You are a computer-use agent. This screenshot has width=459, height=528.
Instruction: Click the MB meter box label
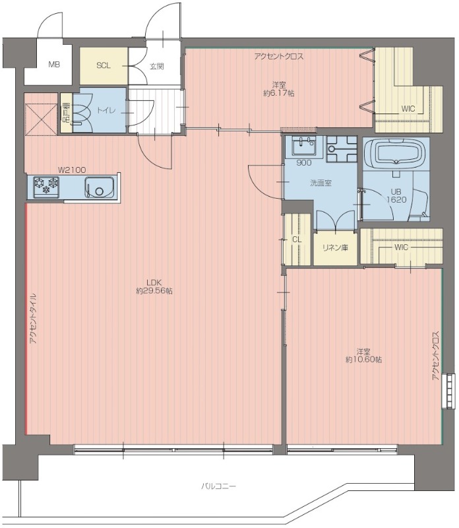click(x=54, y=64)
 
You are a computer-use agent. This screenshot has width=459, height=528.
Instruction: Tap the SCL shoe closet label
click(x=104, y=65)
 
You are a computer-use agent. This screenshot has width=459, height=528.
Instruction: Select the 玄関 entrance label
click(x=156, y=67)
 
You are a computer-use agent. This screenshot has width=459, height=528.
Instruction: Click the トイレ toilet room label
click(x=106, y=110)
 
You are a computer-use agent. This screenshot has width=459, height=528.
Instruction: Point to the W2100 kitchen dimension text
click(x=72, y=170)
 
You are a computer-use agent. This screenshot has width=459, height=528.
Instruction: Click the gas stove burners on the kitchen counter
click(x=46, y=186)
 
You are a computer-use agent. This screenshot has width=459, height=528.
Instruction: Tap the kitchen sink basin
click(x=100, y=187)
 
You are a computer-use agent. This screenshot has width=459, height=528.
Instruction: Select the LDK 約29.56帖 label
click(x=154, y=286)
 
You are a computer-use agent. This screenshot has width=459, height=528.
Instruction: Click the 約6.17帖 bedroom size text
click(x=279, y=93)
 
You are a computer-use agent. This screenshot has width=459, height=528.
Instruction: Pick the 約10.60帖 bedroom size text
click(x=363, y=360)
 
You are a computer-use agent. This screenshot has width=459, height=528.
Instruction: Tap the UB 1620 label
click(x=396, y=195)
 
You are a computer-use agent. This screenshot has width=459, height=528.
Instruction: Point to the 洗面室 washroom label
click(x=321, y=183)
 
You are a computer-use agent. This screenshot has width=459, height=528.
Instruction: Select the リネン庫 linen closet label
click(x=335, y=248)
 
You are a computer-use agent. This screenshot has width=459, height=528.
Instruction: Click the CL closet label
click(x=297, y=240)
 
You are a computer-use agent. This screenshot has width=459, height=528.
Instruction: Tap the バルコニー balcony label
click(x=219, y=486)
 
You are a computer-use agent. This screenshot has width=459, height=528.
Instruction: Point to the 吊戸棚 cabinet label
click(x=66, y=113)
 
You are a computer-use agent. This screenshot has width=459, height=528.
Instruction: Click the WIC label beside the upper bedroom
click(x=408, y=109)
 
